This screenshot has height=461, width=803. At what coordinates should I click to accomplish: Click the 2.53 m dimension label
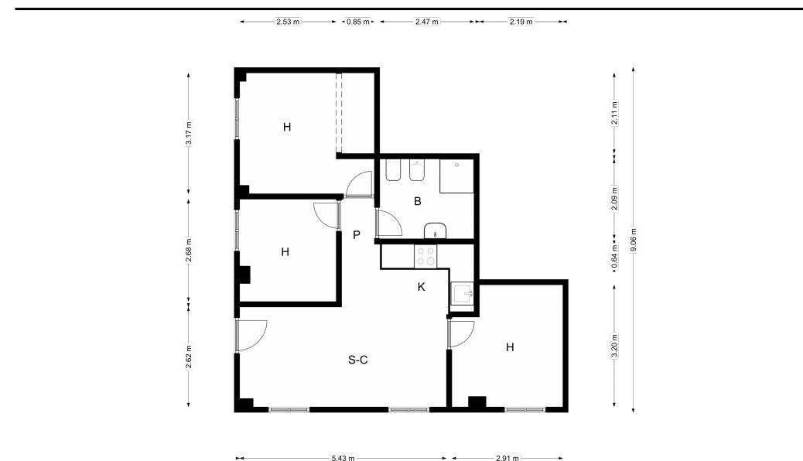[x=288, y=22]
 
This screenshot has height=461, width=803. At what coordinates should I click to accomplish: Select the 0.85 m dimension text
[x=358, y=22]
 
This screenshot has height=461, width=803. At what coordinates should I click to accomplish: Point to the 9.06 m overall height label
[x=634, y=240]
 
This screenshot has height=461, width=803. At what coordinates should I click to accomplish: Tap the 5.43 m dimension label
[x=343, y=458]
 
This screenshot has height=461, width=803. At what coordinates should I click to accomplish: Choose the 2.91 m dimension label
[x=507, y=458]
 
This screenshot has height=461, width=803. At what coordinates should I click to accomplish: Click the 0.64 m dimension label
[x=614, y=256]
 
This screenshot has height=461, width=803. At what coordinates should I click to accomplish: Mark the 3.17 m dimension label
[x=189, y=134]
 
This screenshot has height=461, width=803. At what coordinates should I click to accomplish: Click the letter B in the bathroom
[x=418, y=201]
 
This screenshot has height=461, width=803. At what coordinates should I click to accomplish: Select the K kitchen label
[x=421, y=287]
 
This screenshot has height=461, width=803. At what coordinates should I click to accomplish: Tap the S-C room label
[x=358, y=360]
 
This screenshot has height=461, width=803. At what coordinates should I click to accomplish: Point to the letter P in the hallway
[x=357, y=234]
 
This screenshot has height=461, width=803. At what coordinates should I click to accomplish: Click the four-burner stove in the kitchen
[x=425, y=256]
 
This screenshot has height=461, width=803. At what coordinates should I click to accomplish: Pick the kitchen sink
[x=463, y=293]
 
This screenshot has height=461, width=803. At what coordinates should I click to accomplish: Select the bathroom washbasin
[x=436, y=231]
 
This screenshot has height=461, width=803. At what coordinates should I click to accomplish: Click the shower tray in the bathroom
[x=456, y=176]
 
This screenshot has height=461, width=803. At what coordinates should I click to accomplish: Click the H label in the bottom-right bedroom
[x=510, y=347]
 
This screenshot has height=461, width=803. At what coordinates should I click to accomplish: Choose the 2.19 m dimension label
[x=521, y=22]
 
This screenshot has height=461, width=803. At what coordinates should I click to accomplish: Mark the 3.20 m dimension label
[x=614, y=347]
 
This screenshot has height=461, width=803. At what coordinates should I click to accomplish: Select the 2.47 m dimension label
[x=426, y=22]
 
